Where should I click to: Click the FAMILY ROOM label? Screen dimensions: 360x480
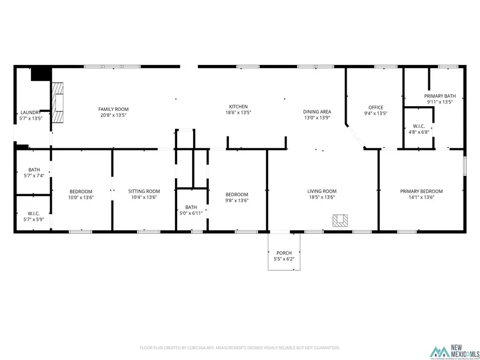click(113, 109)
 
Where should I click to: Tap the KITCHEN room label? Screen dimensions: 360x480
click(238, 107)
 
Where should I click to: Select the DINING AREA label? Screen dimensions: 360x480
click(317, 112)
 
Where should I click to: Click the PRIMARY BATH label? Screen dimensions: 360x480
click(439, 96)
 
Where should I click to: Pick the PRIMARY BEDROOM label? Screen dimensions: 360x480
click(421, 191)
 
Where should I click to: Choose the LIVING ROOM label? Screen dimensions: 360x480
click(322, 191)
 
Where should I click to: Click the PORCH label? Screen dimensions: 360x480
click(284, 253)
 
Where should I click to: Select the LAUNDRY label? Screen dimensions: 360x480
click(30, 113)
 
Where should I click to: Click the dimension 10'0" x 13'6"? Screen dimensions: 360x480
click(81, 197)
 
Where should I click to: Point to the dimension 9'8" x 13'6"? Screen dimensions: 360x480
click(236, 201)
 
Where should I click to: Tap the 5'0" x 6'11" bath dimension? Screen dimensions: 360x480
click(191, 213)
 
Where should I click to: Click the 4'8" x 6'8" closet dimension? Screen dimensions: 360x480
click(419, 132)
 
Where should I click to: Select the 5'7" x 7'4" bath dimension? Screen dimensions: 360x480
click(34, 175)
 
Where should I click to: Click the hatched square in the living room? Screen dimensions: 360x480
click(340, 220)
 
